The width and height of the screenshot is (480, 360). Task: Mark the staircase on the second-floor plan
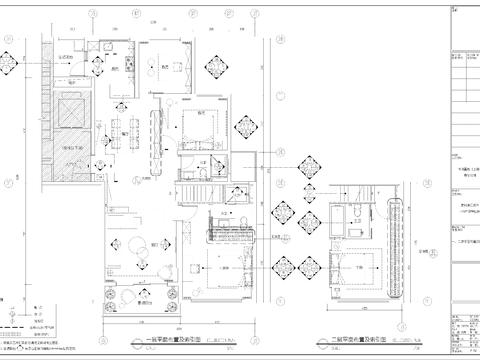(x=222, y=233)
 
